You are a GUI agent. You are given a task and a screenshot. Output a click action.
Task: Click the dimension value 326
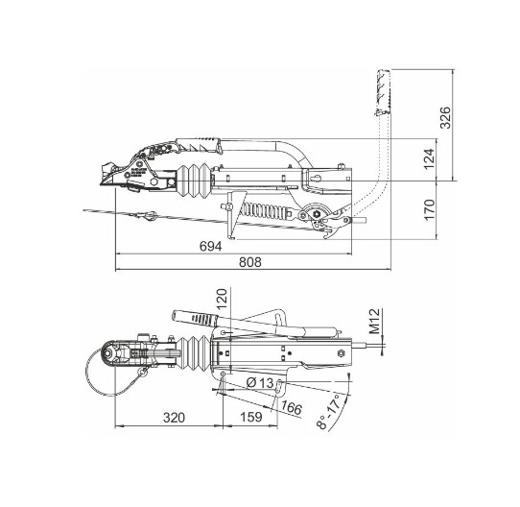pyautogui.click(x=444, y=117)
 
